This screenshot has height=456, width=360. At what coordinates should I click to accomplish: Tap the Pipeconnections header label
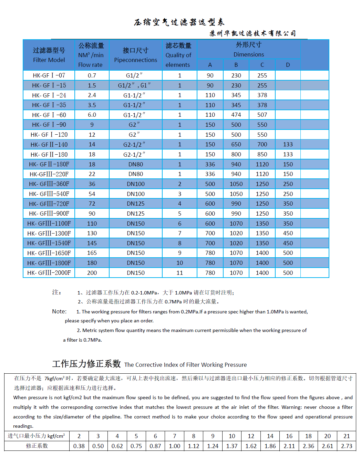coord(135,60)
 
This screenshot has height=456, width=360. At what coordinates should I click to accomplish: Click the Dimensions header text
coord(249,54)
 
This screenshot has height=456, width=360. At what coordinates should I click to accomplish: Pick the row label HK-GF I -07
coord(49,75)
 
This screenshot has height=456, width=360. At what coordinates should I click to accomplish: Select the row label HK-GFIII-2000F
coord(49,273)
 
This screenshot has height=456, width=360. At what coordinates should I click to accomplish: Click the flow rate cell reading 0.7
coord(92,75)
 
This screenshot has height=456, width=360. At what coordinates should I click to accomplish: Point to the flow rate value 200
coord(92,273)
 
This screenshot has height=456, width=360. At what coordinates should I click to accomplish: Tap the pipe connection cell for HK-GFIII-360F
coord(136,184)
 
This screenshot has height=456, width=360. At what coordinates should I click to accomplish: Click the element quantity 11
coord(179,273)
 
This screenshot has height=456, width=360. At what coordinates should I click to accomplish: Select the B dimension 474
coord(236,115)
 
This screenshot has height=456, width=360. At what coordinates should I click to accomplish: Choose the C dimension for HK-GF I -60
coord(262,115)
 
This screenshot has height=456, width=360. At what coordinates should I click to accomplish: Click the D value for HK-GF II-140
coord(288,144)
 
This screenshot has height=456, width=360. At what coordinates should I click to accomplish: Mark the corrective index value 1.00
coord(174,446)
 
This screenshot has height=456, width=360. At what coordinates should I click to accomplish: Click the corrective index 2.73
coord(346,446)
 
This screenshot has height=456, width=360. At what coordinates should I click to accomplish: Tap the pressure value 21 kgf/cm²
coord(346,436)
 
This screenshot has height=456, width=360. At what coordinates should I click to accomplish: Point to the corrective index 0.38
coord(79,446)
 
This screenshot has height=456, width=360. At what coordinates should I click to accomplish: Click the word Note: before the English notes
coord(59,311)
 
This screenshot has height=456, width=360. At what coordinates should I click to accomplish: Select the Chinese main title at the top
coord(179,22)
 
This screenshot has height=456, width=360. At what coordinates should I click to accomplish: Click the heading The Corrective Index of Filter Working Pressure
coord(185,365)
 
